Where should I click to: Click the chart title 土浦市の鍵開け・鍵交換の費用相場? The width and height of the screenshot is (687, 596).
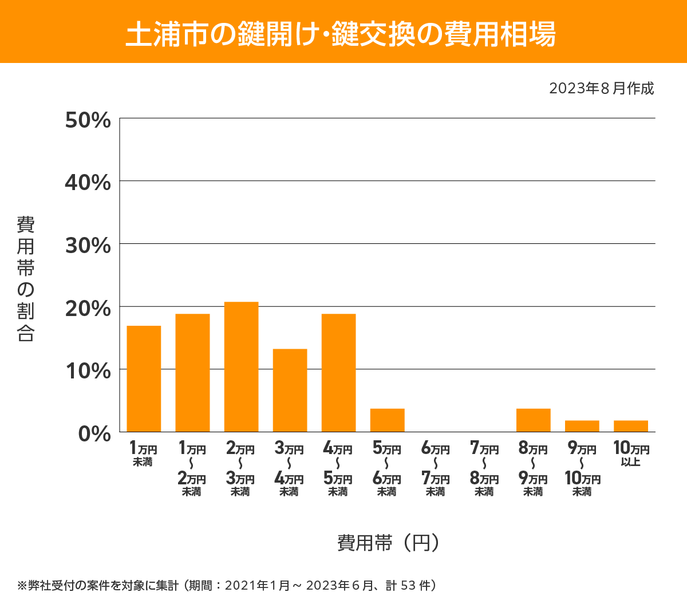click(x=341, y=33)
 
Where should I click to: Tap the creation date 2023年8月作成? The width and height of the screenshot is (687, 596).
click(x=601, y=89)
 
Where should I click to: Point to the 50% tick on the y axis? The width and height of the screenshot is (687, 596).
click(x=88, y=121)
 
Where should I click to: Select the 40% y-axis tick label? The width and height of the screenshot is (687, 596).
click(x=88, y=183)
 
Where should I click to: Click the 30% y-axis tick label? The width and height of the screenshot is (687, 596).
click(x=88, y=246)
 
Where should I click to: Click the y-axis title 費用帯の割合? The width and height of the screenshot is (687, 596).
click(x=26, y=279)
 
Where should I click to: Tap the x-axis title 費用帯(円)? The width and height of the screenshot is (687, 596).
click(x=388, y=542)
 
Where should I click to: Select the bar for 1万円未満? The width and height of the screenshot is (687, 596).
click(x=144, y=378)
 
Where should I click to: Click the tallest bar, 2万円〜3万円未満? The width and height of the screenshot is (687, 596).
click(x=241, y=366)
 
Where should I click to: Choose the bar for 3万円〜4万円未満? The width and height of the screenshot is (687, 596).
click(x=290, y=390)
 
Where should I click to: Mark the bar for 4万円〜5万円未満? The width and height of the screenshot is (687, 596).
click(x=338, y=373)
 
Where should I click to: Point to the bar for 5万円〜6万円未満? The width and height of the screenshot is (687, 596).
click(x=387, y=420)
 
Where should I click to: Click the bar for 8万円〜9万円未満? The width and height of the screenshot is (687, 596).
click(x=533, y=420)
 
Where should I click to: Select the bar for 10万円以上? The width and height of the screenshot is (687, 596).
click(x=630, y=426)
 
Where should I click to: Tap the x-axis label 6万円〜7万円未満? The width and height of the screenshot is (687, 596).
click(x=436, y=469)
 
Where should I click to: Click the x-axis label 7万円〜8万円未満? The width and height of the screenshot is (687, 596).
click(x=484, y=469)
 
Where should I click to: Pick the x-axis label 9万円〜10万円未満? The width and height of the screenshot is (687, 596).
click(x=582, y=469)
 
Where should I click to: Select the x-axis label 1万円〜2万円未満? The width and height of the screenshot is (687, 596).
click(x=192, y=469)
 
